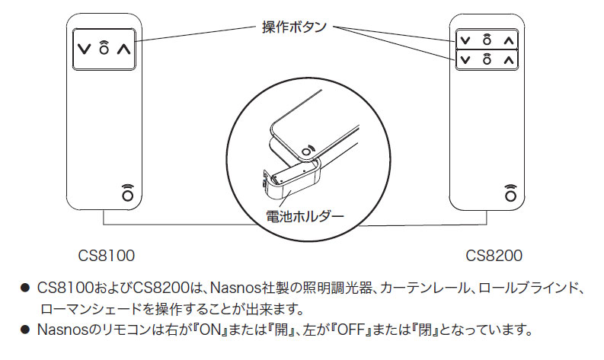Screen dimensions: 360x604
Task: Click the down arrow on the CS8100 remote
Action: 83,48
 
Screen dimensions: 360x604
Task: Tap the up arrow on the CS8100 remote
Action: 125,48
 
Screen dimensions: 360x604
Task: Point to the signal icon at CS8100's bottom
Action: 126,192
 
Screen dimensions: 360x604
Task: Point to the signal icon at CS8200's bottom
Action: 510,192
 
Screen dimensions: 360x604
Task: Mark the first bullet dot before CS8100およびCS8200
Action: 25,289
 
